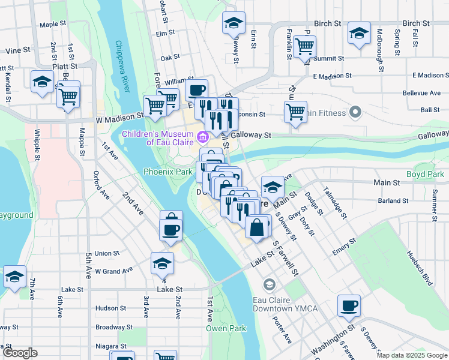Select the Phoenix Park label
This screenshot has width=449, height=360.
167,172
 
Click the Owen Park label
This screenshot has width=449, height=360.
226,328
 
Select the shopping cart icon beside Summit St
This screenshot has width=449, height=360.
305,45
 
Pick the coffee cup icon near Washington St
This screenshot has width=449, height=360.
349,306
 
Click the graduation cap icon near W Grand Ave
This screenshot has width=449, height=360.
162,263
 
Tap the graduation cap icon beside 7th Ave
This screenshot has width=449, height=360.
14,277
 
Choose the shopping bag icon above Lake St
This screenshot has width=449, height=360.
256,228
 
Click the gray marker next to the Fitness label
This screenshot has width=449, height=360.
355,112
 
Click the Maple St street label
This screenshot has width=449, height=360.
52,25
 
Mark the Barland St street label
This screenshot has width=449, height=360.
394,200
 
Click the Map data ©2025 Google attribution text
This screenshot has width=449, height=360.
411,355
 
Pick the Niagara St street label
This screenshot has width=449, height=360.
110,346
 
